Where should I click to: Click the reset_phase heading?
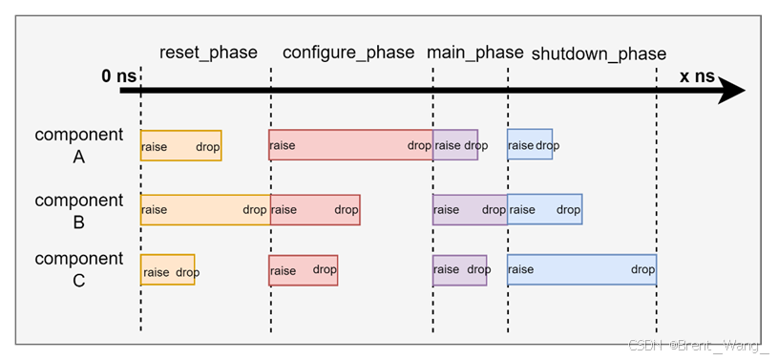point(208,53)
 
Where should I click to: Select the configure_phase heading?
point(348,53)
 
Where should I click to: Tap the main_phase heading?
point(474,53)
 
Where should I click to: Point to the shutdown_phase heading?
point(598,53)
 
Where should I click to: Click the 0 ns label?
point(119,76)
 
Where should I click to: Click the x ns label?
point(696,76)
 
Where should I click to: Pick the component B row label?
point(79,211)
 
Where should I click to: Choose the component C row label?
point(79,269)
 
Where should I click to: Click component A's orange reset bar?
point(181,145)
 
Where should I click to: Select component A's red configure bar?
point(350,145)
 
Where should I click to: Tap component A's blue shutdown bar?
point(530,145)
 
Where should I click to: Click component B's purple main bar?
point(470,210)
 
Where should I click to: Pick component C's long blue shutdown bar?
point(581,269)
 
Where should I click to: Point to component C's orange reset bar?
point(168,270)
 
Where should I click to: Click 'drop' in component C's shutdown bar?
point(642,269)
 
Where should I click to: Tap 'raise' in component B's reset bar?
point(155,210)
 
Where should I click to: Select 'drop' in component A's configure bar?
point(419,146)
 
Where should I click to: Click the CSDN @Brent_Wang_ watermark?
point(697,345)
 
